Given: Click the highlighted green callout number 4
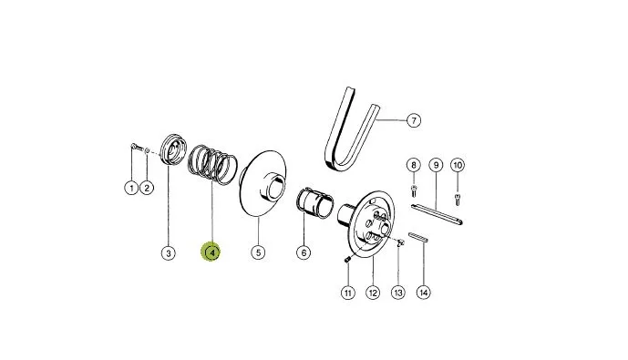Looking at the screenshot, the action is [x=211, y=252].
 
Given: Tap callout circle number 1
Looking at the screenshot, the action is [x=131, y=188].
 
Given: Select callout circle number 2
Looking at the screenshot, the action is [x=147, y=188].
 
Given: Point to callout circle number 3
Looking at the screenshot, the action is [x=169, y=253].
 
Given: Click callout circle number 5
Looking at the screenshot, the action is [x=258, y=252].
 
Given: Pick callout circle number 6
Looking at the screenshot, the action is [x=304, y=252].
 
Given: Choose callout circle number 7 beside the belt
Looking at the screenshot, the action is [x=414, y=120].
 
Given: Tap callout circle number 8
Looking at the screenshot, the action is [x=414, y=165].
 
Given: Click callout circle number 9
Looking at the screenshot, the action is [x=436, y=165].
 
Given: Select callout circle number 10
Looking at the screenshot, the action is [x=458, y=165].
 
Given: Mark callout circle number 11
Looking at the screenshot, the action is [x=347, y=293].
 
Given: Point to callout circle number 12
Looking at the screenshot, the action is [x=373, y=293].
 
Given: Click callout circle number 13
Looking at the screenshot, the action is [x=398, y=293].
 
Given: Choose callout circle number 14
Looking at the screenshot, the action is [x=423, y=293].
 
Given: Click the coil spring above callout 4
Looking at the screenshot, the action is [x=212, y=164].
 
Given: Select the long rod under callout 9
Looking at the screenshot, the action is [x=437, y=213].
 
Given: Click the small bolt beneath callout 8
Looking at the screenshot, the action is [x=414, y=190].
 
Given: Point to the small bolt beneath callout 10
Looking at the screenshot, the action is [x=458, y=199].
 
